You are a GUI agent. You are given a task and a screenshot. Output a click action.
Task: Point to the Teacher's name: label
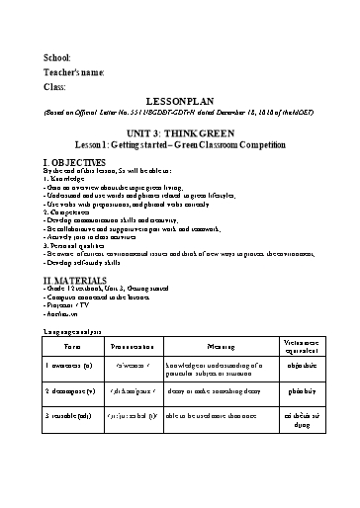pyautogui.click(x=74, y=73)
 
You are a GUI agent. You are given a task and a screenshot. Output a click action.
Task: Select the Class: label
pyautogui.click(x=55, y=89)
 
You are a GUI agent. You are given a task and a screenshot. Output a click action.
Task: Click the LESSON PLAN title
pyautogui.click(x=180, y=102)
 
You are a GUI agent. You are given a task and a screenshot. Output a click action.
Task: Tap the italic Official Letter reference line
pyautogui.click(x=180, y=114)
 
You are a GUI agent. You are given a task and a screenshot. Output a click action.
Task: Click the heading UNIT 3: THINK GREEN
pyautogui.click(x=180, y=132)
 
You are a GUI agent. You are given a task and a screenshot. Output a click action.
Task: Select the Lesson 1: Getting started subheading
pyautogui.click(x=180, y=145)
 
